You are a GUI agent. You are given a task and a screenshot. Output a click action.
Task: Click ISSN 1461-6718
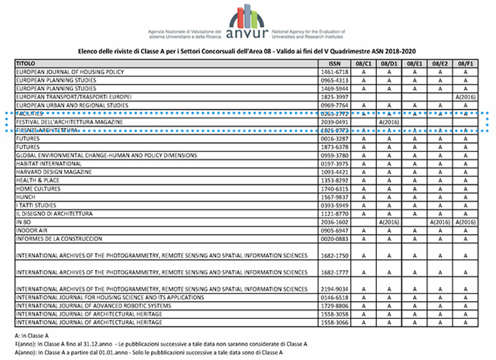pos(333,72)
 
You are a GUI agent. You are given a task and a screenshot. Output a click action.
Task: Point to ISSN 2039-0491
pos(333,122)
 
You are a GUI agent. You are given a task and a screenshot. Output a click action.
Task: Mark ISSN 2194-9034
pos(333,288)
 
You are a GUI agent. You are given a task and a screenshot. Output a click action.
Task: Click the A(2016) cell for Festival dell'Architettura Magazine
pos(389,122)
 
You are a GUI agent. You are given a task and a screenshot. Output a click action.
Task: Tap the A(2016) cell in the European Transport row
pos(465,97)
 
